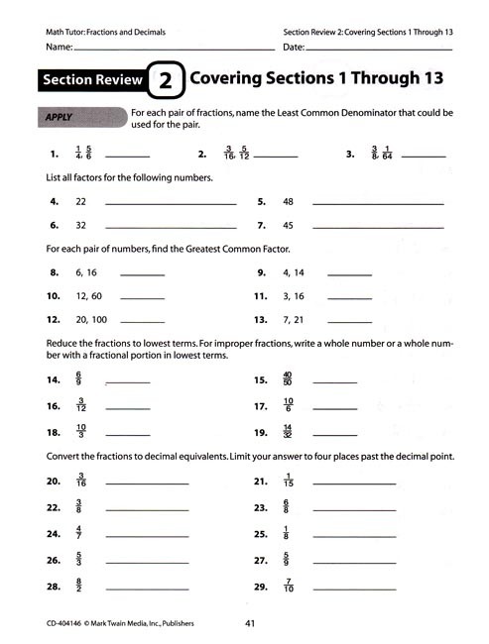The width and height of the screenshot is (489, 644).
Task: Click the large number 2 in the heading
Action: [x=167, y=80]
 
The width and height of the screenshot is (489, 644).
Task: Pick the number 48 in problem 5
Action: [x=289, y=201]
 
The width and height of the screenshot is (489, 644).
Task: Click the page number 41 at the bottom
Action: [x=251, y=623]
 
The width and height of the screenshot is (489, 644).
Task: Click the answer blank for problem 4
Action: [x=170, y=203]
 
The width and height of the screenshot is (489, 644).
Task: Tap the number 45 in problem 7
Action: [x=289, y=225]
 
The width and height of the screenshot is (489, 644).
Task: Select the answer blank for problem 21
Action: [x=353, y=483]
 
